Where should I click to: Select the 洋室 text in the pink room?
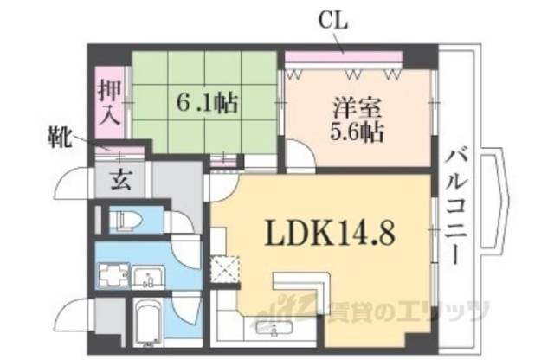pyautogui.click(x=356, y=111)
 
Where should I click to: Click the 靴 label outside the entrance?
pyautogui.click(x=59, y=138)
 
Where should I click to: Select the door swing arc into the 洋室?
pyautogui.click(x=300, y=158)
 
